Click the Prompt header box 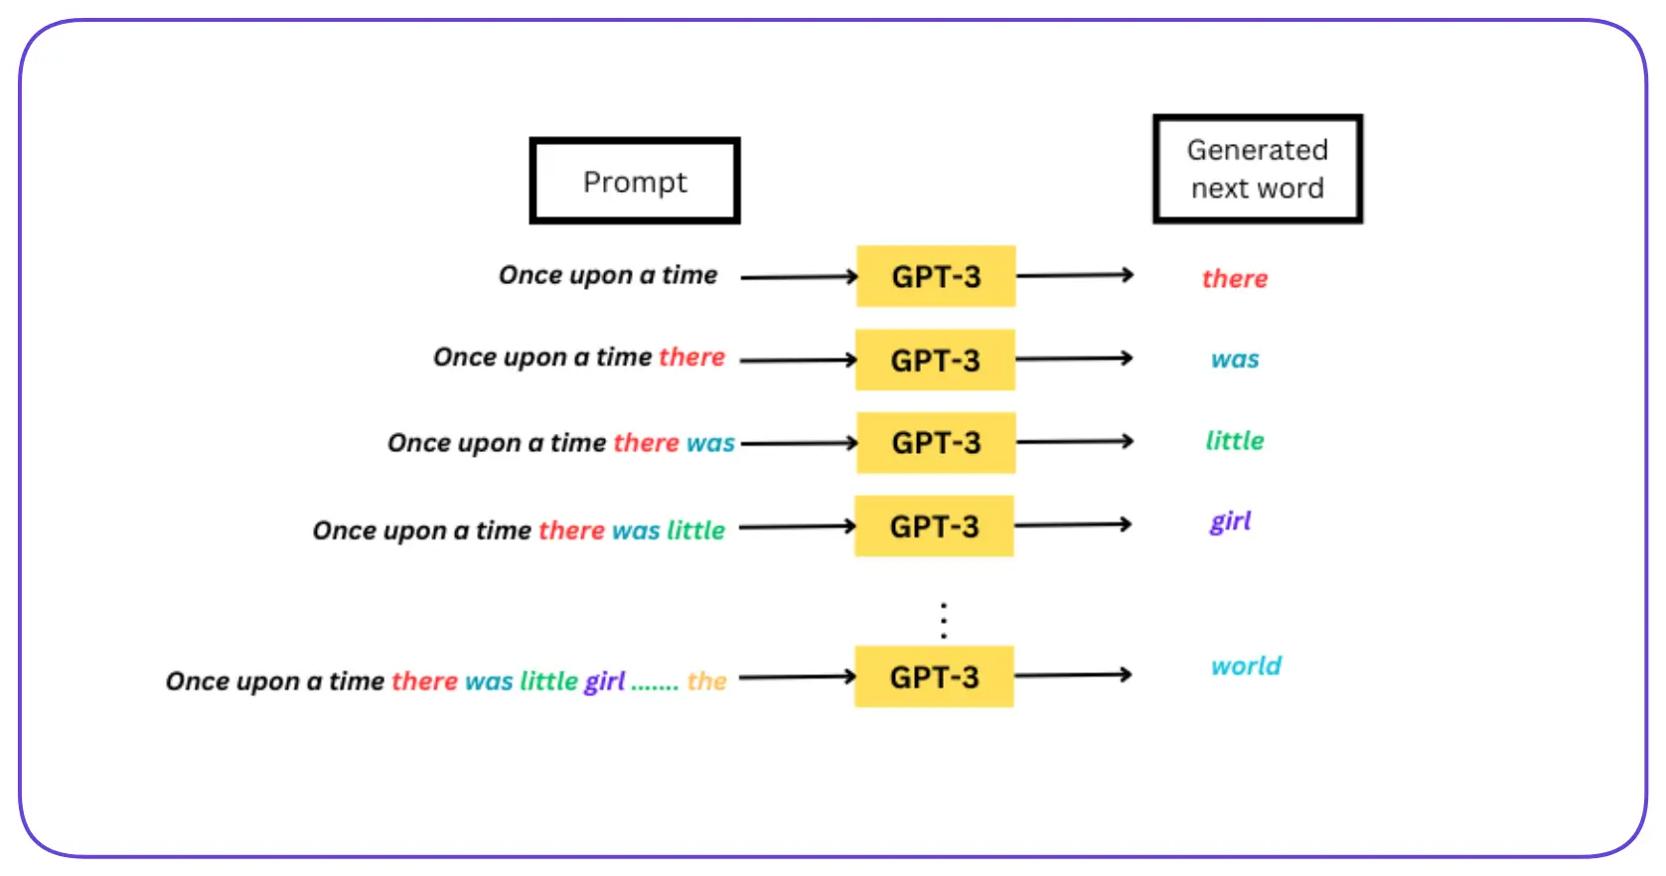pyautogui.click(x=635, y=181)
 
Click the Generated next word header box pyautogui.click(x=1257, y=169)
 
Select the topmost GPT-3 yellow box pyautogui.click(x=936, y=276)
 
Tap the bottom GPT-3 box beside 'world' pyautogui.click(x=934, y=677)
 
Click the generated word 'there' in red pyautogui.click(x=1235, y=278)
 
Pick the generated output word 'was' pyautogui.click(x=1235, y=360)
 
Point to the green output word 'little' pyautogui.click(x=1235, y=440)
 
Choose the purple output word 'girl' pyautogui.click(x=1230, y=521)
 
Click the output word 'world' pyautogui.click(x=1246, y=665)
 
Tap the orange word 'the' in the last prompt pyautogui.click(x=706, y=681)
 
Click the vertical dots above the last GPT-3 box pyautogui.click(x=944, y=620)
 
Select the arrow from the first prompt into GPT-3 pyautogui.click(x=799, y=277)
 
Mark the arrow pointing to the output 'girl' pyautogui.click(x=1073, y=524)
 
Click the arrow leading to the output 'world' pyautogui.click(x=1073, y=675)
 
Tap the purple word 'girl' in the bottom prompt pyautogui.click(x=604, y=681)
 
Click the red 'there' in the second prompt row pyautogui.click(x=691, y=357)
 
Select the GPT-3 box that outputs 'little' pyautogui.click(x=936, y=443)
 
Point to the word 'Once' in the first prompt pyautogui.click(x=530, y=275)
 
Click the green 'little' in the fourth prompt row pyautogui.click(x=695, y=530)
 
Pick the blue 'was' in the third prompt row pyautogui.click(x=710, y=443)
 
